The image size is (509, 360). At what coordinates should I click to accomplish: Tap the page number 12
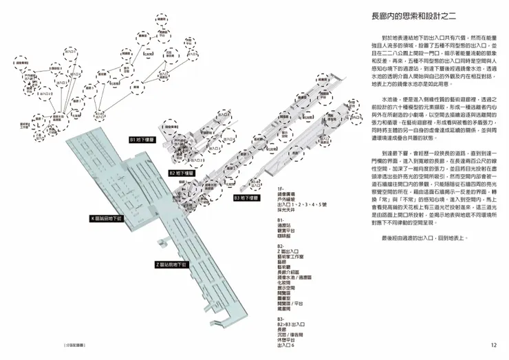(x=493, y=346)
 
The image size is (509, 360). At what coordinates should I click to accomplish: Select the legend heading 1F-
(x=281, y=188)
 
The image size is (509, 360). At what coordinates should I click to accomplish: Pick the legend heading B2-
(x=281, y=246)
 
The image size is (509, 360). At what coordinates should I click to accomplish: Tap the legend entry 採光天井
(x=287, y=210)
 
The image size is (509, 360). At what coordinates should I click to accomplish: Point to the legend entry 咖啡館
(x=285, y=235)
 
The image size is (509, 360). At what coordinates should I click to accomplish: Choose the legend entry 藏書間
(x=285, y=310)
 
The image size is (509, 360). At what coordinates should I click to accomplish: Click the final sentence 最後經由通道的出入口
(x=422, y=237)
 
